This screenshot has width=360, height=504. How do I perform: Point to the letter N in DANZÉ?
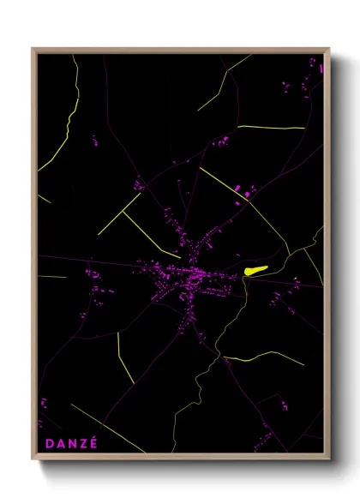click(71, 443)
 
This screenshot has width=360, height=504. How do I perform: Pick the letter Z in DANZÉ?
click(83, 443)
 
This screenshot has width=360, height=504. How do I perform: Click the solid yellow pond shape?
click(255, 270)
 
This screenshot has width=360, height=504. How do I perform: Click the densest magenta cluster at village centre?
click(176, 283)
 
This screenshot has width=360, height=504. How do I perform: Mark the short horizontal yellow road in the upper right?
click(271, 127)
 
